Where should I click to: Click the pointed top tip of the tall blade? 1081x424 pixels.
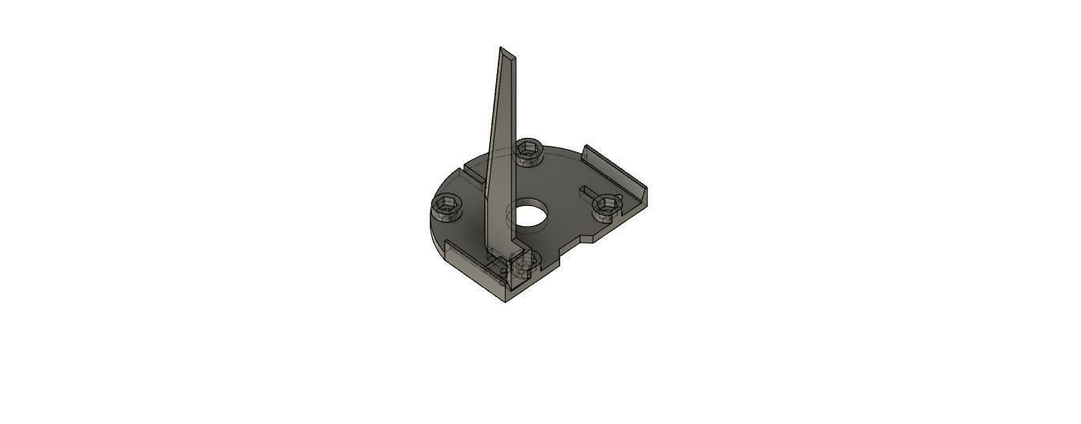click(501, 48)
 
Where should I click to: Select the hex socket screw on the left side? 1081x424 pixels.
click(447, 208)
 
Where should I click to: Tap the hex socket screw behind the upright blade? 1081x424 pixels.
click(528, 150)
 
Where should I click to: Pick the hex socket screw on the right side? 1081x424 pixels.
click(607, 204)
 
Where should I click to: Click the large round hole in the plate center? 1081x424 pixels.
click(531, 215)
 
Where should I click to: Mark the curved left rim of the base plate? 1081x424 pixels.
click(434, 234)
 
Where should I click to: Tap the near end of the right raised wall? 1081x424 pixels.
click(644, 198)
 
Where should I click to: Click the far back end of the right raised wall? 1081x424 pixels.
click(586, 149)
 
